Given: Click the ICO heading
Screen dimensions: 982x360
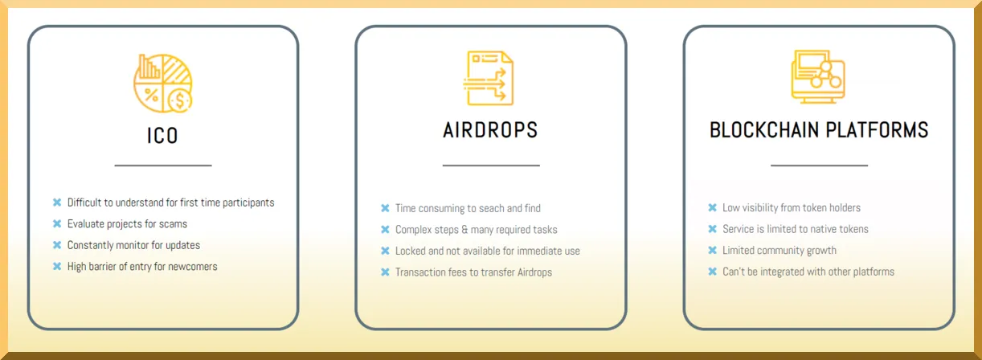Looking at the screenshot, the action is [162, 136].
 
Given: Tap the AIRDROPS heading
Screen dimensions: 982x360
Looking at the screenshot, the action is [490, 130].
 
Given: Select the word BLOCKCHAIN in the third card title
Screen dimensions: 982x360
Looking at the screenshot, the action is [764, 130].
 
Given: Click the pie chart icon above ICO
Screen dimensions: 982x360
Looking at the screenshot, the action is [163, 84].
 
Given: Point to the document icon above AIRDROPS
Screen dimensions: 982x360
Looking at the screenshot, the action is [489, 78].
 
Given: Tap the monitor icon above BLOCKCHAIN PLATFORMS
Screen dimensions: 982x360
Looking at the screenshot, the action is [818, 76].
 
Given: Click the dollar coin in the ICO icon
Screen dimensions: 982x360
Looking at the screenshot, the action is [180, 100].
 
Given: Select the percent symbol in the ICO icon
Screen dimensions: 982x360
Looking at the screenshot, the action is [151, 95].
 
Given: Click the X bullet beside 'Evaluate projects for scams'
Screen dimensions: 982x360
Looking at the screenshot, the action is [57, 223].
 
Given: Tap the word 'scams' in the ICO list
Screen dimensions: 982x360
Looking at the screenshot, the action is [173, 224].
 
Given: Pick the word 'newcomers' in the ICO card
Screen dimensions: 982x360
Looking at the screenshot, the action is [192, 267].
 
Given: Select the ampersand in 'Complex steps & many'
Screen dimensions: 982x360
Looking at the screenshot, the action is [464, 230].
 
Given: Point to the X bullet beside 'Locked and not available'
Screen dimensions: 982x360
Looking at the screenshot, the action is [385, 251].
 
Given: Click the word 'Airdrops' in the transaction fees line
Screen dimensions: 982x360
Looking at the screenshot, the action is [534, 272].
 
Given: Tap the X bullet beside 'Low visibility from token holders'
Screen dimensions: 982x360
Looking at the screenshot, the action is [712, 207].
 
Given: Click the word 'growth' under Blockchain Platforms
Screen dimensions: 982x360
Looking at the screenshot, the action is [821, 251].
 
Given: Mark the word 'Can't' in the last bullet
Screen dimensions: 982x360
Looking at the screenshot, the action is [734, 272].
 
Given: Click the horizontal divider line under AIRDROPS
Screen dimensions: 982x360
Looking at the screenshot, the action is [491, 166].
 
